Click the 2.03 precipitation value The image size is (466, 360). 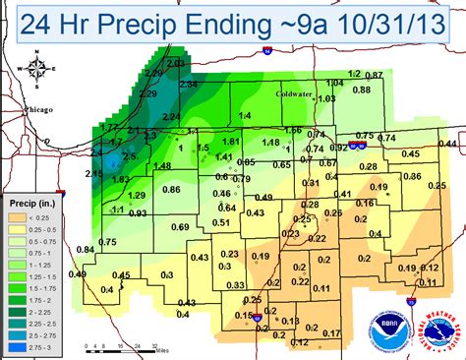[x=176, y=63]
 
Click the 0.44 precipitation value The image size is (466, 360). [x=449, y=144]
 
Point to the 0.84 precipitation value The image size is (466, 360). [x=87, y=250]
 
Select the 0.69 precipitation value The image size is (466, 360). [x=181, y=228]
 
